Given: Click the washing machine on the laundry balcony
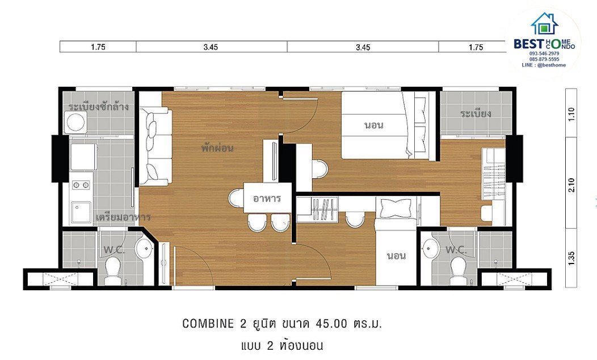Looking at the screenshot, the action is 75,122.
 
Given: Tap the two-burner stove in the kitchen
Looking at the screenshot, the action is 81,186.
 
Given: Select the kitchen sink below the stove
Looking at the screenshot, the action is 81,212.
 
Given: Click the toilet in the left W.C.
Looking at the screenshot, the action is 113,271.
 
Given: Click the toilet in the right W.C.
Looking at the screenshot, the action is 459,271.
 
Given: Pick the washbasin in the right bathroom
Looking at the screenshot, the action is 430,248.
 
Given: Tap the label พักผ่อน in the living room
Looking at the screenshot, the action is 217,148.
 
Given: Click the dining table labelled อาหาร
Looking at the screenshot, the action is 267,198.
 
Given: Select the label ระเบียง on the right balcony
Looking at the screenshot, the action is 476,113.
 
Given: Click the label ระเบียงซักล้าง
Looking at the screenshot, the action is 99,107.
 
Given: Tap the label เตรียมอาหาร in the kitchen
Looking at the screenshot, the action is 123,217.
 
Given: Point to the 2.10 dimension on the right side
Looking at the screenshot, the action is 571,185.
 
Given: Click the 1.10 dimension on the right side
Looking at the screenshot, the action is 571,114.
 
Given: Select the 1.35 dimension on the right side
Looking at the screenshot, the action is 571,258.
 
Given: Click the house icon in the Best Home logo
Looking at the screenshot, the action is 544,23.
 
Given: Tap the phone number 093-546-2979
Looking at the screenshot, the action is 544,54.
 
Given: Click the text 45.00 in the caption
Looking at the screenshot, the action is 331,324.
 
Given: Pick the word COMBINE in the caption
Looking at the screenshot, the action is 208,324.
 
